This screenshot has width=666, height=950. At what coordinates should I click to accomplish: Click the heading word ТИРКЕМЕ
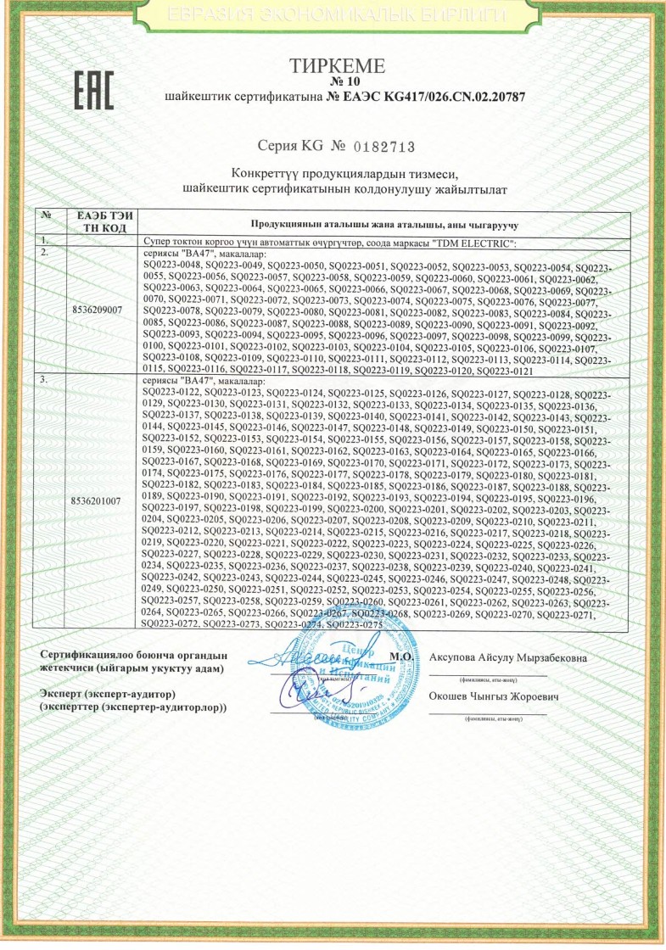[337, 66]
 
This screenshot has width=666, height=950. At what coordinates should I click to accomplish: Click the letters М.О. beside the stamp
[402, 657]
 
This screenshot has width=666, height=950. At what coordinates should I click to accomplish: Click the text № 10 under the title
[338, 81]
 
